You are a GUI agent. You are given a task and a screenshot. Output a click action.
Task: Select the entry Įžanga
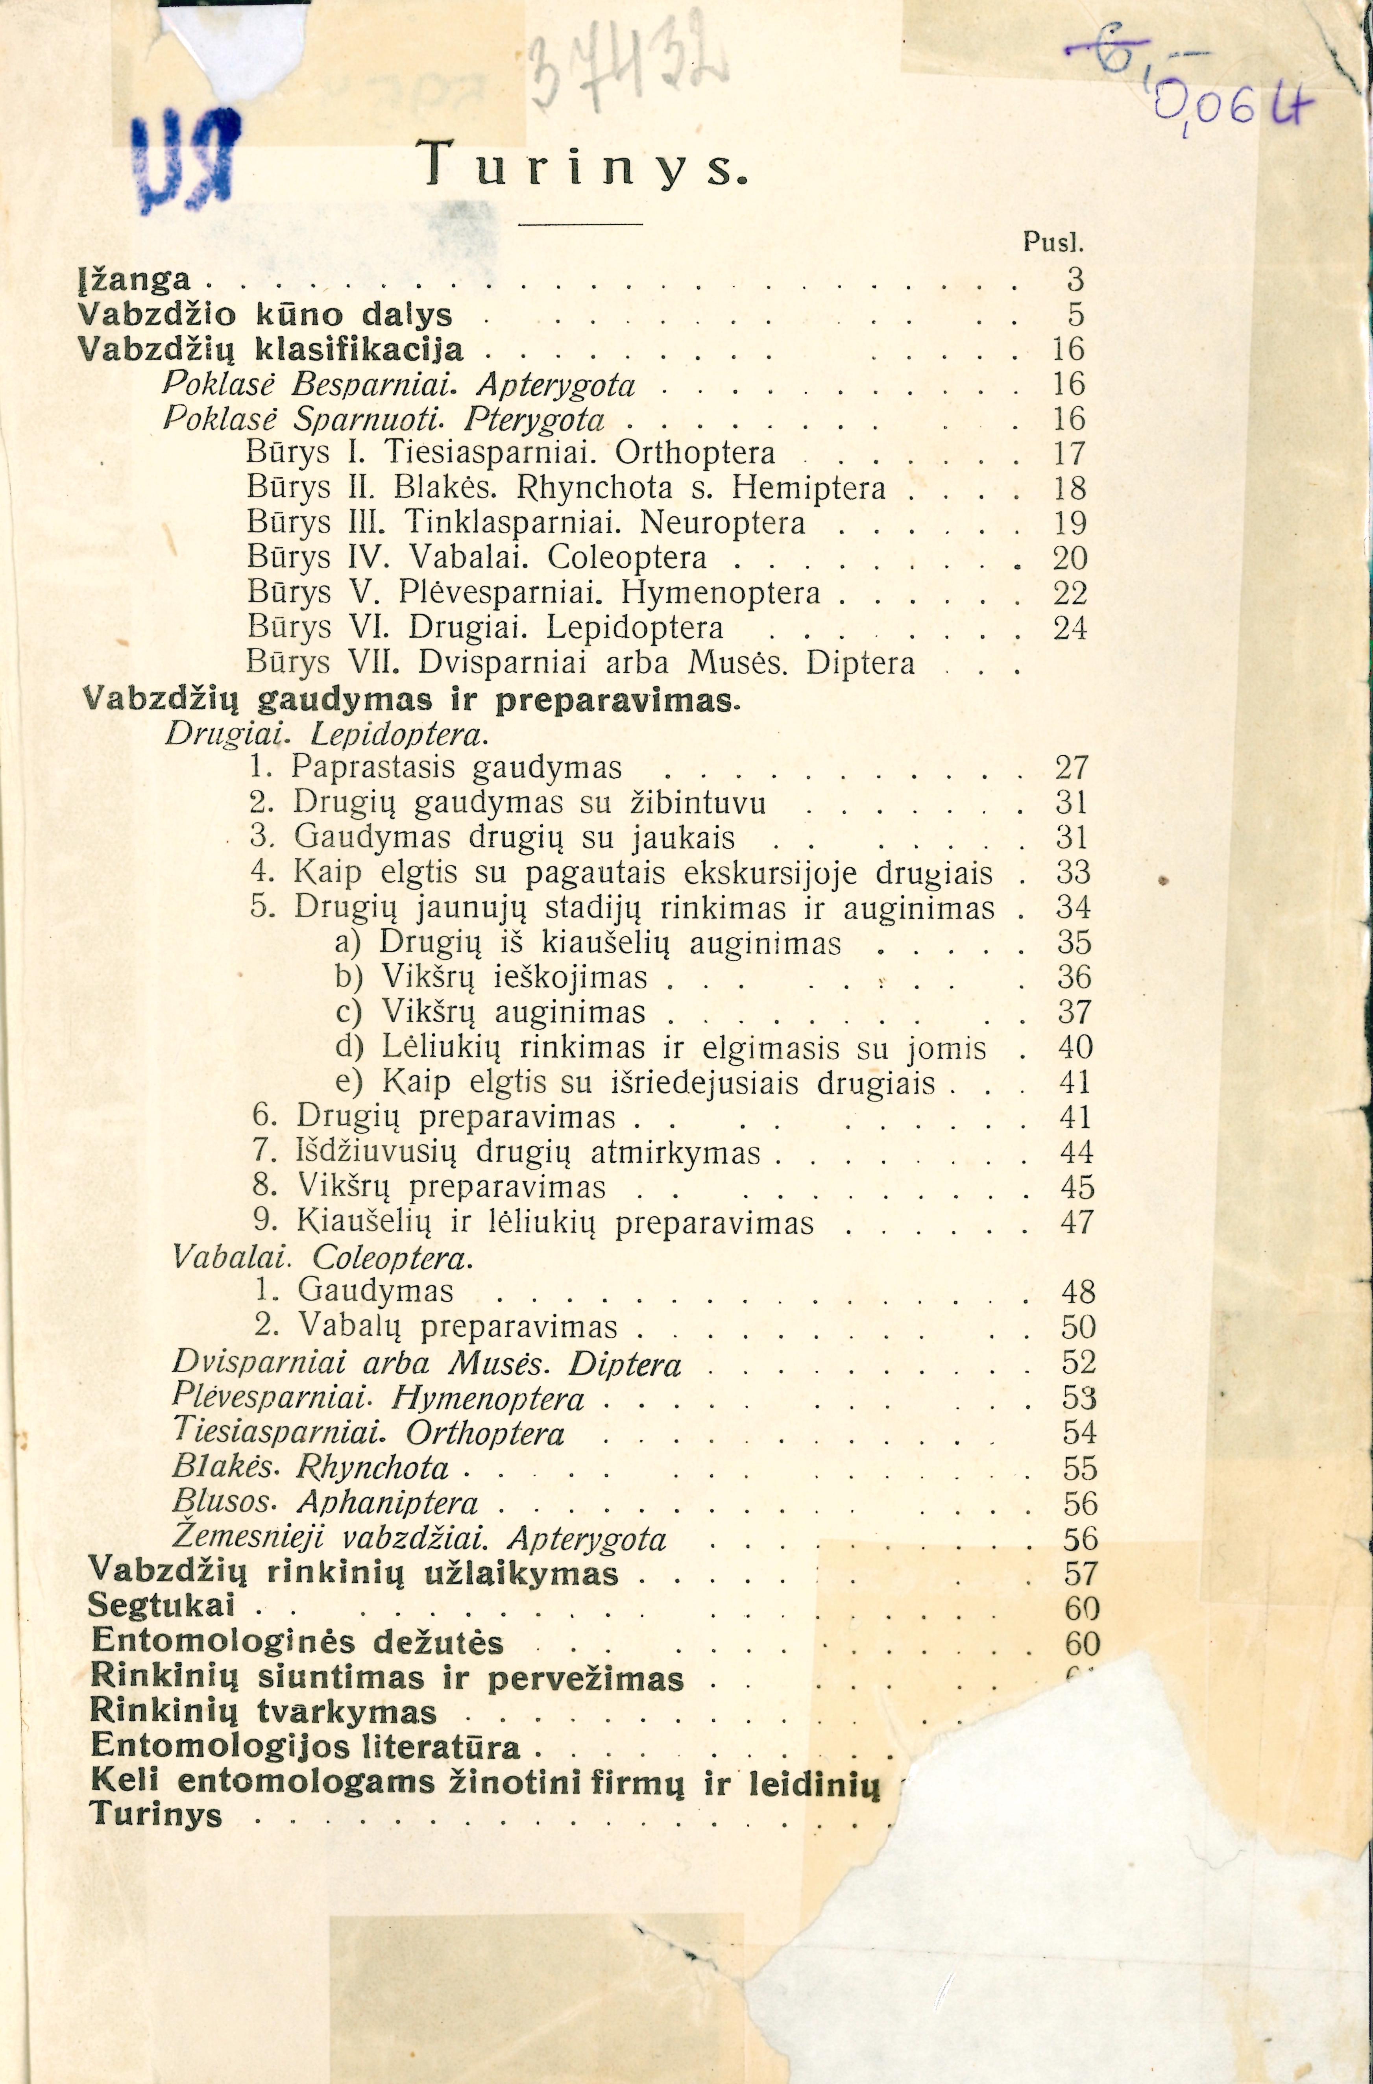(x=134, y=279)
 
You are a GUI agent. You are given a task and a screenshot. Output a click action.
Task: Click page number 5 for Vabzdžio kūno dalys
(x=1075, y=314)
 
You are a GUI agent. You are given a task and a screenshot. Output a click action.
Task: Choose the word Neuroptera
(x=723, y=523)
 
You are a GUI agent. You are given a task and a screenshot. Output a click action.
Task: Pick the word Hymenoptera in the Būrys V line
(x=721, y=593)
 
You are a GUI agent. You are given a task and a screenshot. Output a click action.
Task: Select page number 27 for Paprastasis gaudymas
(x=1071, y=767)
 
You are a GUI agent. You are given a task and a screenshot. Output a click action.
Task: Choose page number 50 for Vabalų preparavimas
(x=1078, y=1327)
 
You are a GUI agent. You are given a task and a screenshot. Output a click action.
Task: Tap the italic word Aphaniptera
(x=388, y=1502)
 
